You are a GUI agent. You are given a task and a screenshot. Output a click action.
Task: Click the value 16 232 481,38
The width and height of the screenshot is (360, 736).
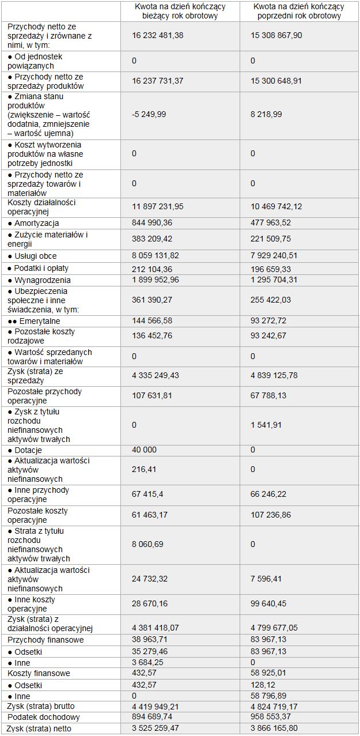157,36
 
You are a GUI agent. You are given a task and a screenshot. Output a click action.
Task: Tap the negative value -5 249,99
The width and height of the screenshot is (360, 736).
149,115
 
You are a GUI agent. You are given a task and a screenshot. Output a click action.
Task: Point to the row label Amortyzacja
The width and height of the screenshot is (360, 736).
37,223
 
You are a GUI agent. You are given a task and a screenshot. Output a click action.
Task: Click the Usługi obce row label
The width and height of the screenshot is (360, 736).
36,256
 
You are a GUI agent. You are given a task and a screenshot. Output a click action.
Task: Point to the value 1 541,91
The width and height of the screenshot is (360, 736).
267,425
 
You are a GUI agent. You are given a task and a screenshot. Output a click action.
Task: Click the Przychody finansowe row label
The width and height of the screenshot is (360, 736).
46,640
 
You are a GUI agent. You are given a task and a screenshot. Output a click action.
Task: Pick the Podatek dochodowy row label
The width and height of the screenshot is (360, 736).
44,718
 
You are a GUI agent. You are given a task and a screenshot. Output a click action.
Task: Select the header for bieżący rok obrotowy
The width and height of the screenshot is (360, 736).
180,11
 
